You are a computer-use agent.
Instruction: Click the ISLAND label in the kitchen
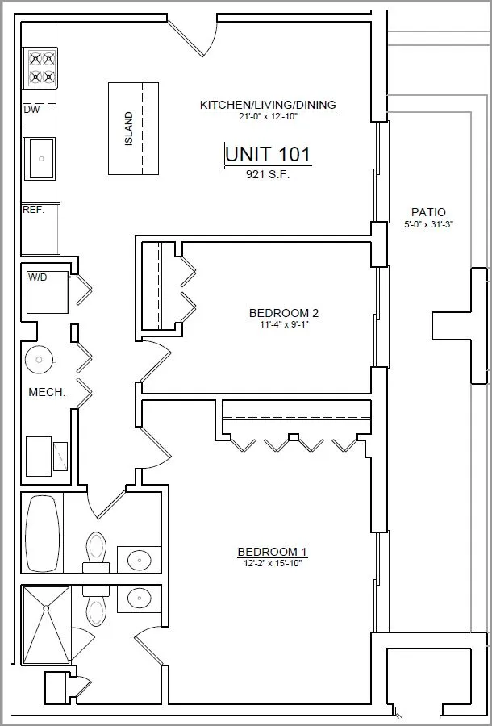pos(129,129)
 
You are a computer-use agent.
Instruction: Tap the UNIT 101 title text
pos(268,154)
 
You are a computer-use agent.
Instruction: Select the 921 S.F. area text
pos(268,174)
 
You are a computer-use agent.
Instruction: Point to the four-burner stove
pos(40,68)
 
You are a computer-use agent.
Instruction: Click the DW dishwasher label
pos(31,110)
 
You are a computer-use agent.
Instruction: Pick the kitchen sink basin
pos(41,158)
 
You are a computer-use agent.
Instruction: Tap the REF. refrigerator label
pos(33,210)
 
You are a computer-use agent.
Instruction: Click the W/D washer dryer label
pos(37,277)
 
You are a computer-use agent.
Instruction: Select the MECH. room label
pos(47,393)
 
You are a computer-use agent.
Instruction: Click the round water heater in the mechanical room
pos(40,360)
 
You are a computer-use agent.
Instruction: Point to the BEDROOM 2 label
pos(284,314)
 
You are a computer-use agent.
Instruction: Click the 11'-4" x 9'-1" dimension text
pos(284,324)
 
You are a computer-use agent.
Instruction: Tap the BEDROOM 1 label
pos(272,552)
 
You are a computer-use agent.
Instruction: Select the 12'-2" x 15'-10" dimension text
pos(272,563)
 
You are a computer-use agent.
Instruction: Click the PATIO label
pos(428,212)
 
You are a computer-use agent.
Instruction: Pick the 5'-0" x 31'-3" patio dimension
pos(428,224)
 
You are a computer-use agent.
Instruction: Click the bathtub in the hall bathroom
pos(42,533)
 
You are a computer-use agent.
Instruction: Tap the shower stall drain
pos(46,607)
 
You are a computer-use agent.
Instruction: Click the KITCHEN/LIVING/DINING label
pos(268,105)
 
